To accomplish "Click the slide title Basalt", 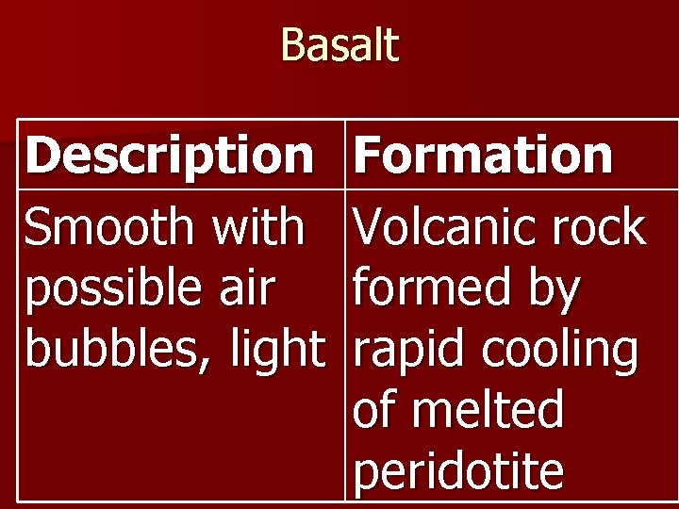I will (x=339, y=45).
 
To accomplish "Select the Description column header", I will (x=170, y=156).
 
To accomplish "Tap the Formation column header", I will (x=483, y=156).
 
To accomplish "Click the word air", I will (x=247, y=290).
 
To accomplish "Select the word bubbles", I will (x=104, y=350).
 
